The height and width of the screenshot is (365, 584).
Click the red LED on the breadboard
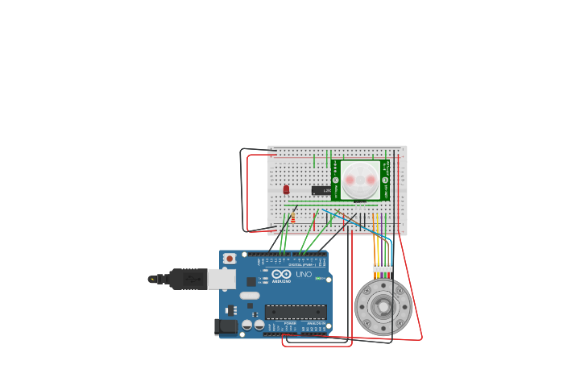pos(286,189)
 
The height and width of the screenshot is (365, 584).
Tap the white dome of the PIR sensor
pos(360,180)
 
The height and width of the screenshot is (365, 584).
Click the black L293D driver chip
pos(321,191)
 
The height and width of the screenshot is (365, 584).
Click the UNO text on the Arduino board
pos(304,275)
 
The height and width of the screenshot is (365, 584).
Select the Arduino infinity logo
pos(280,275)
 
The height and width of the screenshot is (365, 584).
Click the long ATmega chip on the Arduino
pos(296,312)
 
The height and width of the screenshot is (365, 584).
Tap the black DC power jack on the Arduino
pos(226,326)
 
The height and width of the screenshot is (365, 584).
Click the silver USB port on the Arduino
pos(222,279)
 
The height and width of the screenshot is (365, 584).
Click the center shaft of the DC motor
pos(383,307)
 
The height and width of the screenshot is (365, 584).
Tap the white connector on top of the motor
pos(383,268)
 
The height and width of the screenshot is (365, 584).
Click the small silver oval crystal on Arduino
pos(250,295)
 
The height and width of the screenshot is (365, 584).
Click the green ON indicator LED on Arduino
pos(319,279)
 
